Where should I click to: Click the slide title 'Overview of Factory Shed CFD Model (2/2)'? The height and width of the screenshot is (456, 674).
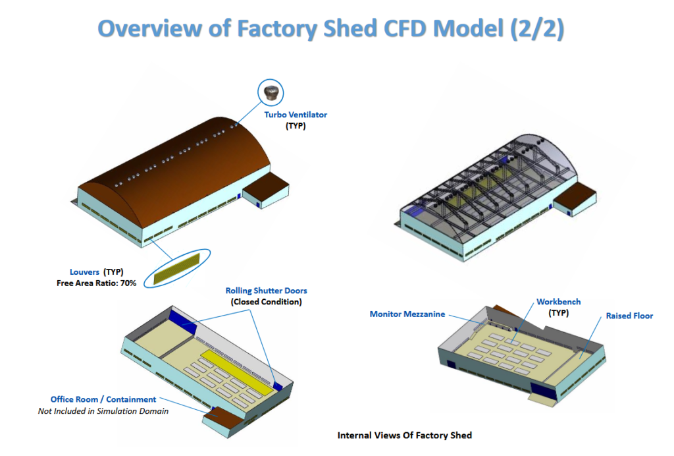pos(330,28)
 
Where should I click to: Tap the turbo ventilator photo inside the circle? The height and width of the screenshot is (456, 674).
pos(271,93)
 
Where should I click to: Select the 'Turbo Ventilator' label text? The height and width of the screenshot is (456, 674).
pos(296,115)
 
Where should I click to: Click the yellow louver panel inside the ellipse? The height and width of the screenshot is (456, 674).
pos(176,269)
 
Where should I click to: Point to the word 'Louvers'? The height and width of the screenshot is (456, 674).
pos(84,272)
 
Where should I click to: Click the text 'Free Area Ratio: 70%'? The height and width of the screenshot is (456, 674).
pos(96,283)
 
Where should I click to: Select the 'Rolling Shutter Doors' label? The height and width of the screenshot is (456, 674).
pos(266,291)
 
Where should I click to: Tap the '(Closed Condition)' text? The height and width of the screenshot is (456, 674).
pos(266,302)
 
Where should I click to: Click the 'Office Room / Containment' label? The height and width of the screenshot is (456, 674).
pos(103,399)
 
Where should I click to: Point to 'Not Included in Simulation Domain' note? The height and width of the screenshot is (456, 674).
pos(103,411)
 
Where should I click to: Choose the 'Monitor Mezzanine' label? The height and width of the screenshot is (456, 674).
pos(407,314)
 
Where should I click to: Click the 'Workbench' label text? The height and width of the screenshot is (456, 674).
pos(558,302)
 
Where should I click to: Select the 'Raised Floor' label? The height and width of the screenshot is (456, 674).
pos(629,316)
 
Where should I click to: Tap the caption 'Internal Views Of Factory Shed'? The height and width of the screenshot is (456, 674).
pos(405,436)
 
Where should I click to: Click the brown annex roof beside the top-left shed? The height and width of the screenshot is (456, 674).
pos(266,183)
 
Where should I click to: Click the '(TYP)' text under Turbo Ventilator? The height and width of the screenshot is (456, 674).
pos(296,126)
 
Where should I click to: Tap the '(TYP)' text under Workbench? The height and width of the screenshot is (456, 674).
pos(558,313)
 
